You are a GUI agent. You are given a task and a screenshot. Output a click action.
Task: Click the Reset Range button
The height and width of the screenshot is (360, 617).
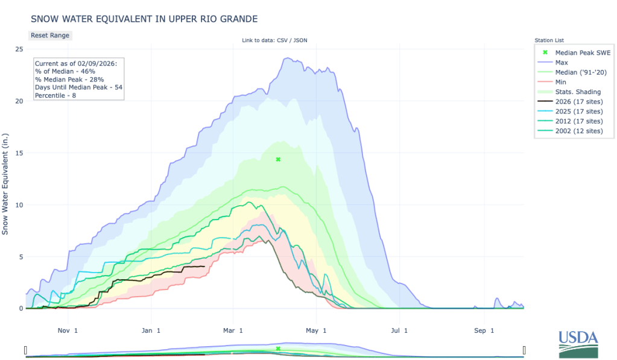point(50,35)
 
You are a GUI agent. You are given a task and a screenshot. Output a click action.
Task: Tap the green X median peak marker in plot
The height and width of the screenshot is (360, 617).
point(278,159)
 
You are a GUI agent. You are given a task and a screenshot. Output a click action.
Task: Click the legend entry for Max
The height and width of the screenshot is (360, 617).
point(561,62)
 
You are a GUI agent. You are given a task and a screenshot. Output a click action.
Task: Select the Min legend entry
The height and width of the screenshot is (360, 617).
point(560,81)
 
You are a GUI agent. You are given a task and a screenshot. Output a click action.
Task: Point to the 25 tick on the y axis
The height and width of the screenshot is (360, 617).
point(19,49)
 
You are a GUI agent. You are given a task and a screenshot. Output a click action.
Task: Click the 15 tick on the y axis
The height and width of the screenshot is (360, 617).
point(19,153)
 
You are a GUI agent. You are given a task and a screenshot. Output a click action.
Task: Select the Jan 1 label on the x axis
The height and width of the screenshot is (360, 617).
point(151,330)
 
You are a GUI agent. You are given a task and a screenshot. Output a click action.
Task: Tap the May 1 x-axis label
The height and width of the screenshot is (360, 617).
point(316,330)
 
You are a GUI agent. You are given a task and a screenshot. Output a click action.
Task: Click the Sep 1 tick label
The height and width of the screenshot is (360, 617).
point(481,330)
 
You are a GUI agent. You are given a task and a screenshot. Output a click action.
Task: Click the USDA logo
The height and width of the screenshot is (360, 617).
point(578,344)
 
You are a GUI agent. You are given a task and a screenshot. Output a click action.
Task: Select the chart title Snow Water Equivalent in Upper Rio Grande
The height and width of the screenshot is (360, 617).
point(144,19)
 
